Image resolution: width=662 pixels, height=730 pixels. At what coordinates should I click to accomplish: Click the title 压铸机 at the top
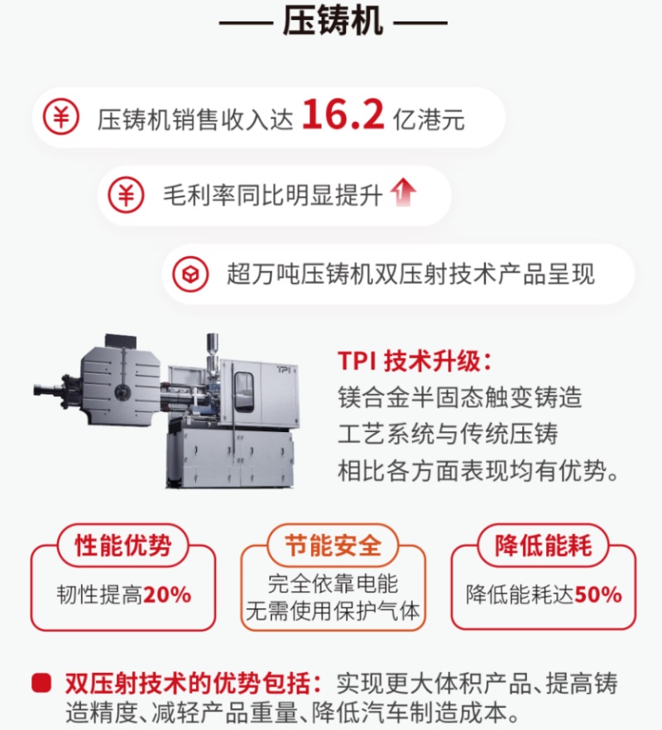coord(333,21)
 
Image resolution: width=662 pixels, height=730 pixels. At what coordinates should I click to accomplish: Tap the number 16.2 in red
coord(343,116)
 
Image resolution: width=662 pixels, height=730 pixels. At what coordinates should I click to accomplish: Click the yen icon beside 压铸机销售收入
coord(61,117)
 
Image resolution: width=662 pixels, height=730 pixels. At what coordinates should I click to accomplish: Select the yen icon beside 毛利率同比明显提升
coord(126,195)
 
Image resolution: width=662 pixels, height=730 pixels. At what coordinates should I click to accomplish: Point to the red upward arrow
coord(403,192)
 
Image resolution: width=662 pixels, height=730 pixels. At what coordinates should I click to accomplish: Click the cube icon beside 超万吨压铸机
coord(190,274)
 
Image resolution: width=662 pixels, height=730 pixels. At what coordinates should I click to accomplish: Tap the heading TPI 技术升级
coord(415,361)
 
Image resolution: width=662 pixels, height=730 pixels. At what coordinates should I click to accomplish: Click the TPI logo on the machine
coord(283,369)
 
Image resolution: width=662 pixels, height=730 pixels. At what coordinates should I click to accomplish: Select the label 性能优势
coord(123,545)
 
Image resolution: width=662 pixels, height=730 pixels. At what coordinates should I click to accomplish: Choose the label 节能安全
coord(333,545)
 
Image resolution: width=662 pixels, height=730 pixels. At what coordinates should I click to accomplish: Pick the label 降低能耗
coord(544,545)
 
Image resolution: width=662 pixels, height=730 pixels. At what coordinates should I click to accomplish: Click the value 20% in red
coord(167,594)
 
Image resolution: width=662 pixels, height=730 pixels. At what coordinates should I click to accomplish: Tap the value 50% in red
coord(598,594)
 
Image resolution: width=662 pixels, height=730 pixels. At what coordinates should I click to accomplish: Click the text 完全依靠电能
coord(333,584)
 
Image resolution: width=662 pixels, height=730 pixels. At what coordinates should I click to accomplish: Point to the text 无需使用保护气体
coord(333,610)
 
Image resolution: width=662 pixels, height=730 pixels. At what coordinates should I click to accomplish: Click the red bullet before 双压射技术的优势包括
coord(41,683)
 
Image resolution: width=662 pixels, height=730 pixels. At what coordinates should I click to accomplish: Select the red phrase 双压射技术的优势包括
coord(193,684)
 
